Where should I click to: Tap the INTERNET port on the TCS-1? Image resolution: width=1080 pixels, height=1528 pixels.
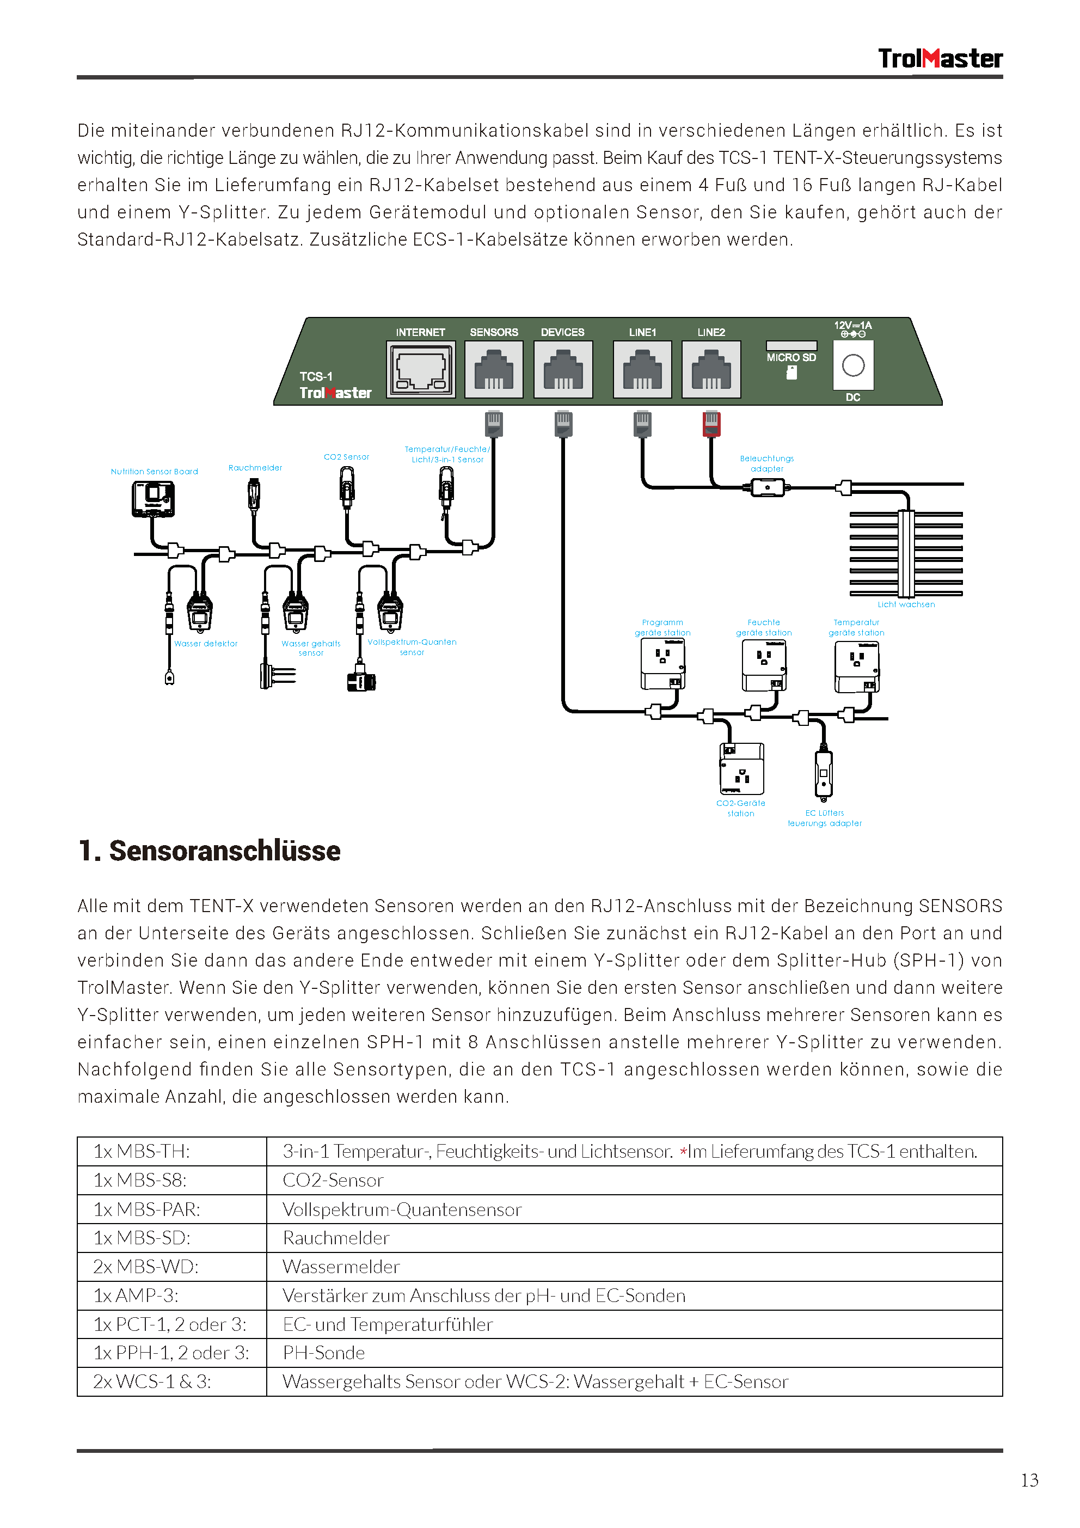[421, 369]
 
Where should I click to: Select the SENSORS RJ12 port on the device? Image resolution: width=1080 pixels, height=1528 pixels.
[494, 369]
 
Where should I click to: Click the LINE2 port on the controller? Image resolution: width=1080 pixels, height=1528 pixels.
[711, 369]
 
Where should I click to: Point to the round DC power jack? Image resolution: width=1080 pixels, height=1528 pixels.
[852, 365]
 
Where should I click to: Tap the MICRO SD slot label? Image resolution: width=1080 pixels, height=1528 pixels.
[790, 357]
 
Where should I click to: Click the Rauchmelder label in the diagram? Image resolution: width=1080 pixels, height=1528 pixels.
[255, 468]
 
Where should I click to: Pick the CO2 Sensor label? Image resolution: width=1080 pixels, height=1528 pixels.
[346, 457]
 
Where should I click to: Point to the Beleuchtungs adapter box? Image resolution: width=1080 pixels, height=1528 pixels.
[767, 488]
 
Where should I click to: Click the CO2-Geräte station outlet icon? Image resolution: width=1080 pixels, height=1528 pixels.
[741, 769]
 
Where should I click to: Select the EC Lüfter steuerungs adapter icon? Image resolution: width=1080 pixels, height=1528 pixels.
[824, 773]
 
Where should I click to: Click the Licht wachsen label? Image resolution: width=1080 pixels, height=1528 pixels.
[906, 604]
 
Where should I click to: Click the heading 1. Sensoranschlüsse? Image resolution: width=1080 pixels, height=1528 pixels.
[210, 851]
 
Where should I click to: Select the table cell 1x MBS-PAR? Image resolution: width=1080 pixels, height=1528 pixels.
[171, 1209]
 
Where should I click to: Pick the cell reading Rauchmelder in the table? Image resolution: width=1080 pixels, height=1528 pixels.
[336, 1238]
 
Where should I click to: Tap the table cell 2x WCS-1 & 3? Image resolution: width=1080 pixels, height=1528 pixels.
[171, 1382]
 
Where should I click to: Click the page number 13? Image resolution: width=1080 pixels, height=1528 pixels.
[1029, 1480]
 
